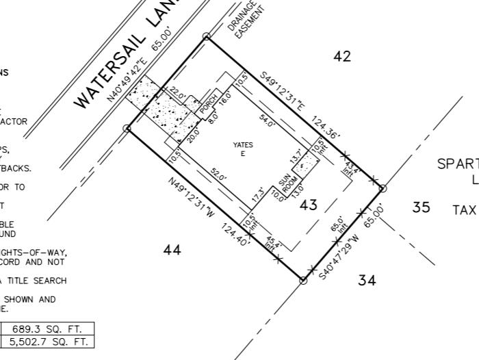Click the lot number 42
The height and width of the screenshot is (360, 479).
pos(342,57)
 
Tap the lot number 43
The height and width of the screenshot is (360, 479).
pos(309,205)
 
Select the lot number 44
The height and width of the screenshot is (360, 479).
pos(172,250)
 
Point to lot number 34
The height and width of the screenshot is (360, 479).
pos(367,280)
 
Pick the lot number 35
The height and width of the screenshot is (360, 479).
pos(422,207)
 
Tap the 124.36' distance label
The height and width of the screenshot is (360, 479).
pos(326,127)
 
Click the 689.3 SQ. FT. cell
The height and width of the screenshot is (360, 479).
pos(47,329)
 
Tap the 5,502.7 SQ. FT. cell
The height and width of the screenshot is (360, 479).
pos(47,342)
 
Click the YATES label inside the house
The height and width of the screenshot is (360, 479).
pos(243,144)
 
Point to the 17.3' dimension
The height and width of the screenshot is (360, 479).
pos(259,195)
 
